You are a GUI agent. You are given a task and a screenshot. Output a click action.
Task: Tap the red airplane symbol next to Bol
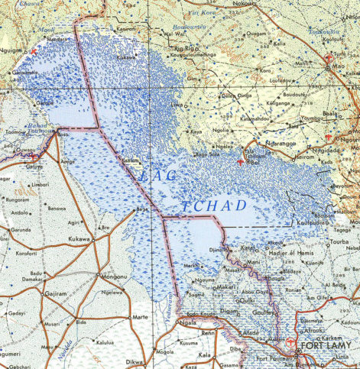pos(241,162)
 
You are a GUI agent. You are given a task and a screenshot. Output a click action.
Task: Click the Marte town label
pos(140,316)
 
